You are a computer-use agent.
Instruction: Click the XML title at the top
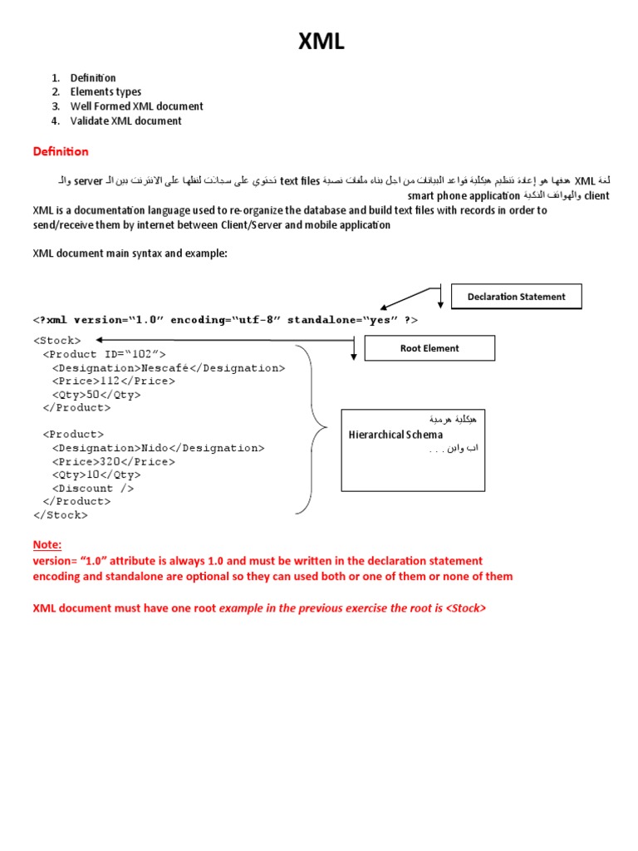click(321, 42)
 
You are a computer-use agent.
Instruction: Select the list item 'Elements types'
click(106, 92)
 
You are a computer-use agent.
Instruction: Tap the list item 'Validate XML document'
click(125, 121)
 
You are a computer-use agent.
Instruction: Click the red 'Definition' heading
click(61, 152)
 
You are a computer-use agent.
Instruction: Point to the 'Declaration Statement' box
click(516, 297)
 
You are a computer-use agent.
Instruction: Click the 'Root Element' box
click(429, 348)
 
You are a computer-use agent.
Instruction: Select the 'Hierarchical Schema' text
click(395, 435)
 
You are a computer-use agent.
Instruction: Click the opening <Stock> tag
click(57, 341)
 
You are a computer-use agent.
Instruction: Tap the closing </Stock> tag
click(60, 514)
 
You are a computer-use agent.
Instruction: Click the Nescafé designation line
click(168, 367)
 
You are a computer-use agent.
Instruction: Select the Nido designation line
click(158, 448)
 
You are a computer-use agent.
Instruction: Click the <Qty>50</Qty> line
click(96, 395)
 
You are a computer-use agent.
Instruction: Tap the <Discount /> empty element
click(93, 488)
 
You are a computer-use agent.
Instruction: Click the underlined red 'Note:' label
click(47, 545)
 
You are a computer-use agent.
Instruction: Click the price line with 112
click(113, 381)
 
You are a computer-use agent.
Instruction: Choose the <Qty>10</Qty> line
click(96, 475)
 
